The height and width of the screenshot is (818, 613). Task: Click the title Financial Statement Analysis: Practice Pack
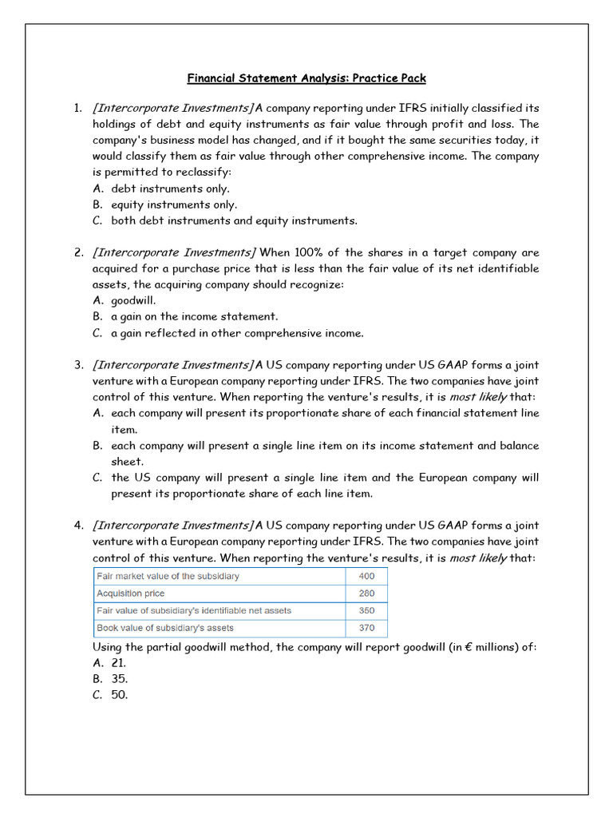306,78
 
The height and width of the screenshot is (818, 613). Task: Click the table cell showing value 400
366,576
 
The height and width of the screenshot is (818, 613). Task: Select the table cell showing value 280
366,594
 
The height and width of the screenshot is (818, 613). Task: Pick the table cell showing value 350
366,610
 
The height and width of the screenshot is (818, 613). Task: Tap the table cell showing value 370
366,628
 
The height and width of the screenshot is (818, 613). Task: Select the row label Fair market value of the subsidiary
168,576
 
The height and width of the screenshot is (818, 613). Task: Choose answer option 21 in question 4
118,663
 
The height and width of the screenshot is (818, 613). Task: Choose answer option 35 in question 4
119,679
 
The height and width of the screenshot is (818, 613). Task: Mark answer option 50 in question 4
119,695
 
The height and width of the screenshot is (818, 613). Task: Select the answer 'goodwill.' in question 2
133,301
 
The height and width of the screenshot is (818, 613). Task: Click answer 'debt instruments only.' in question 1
170,189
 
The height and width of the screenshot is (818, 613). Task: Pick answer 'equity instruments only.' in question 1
174,204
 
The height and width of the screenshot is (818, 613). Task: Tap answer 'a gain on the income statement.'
194,317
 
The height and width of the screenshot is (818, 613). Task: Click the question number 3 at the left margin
79,365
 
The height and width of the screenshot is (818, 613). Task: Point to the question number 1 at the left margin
78,108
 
